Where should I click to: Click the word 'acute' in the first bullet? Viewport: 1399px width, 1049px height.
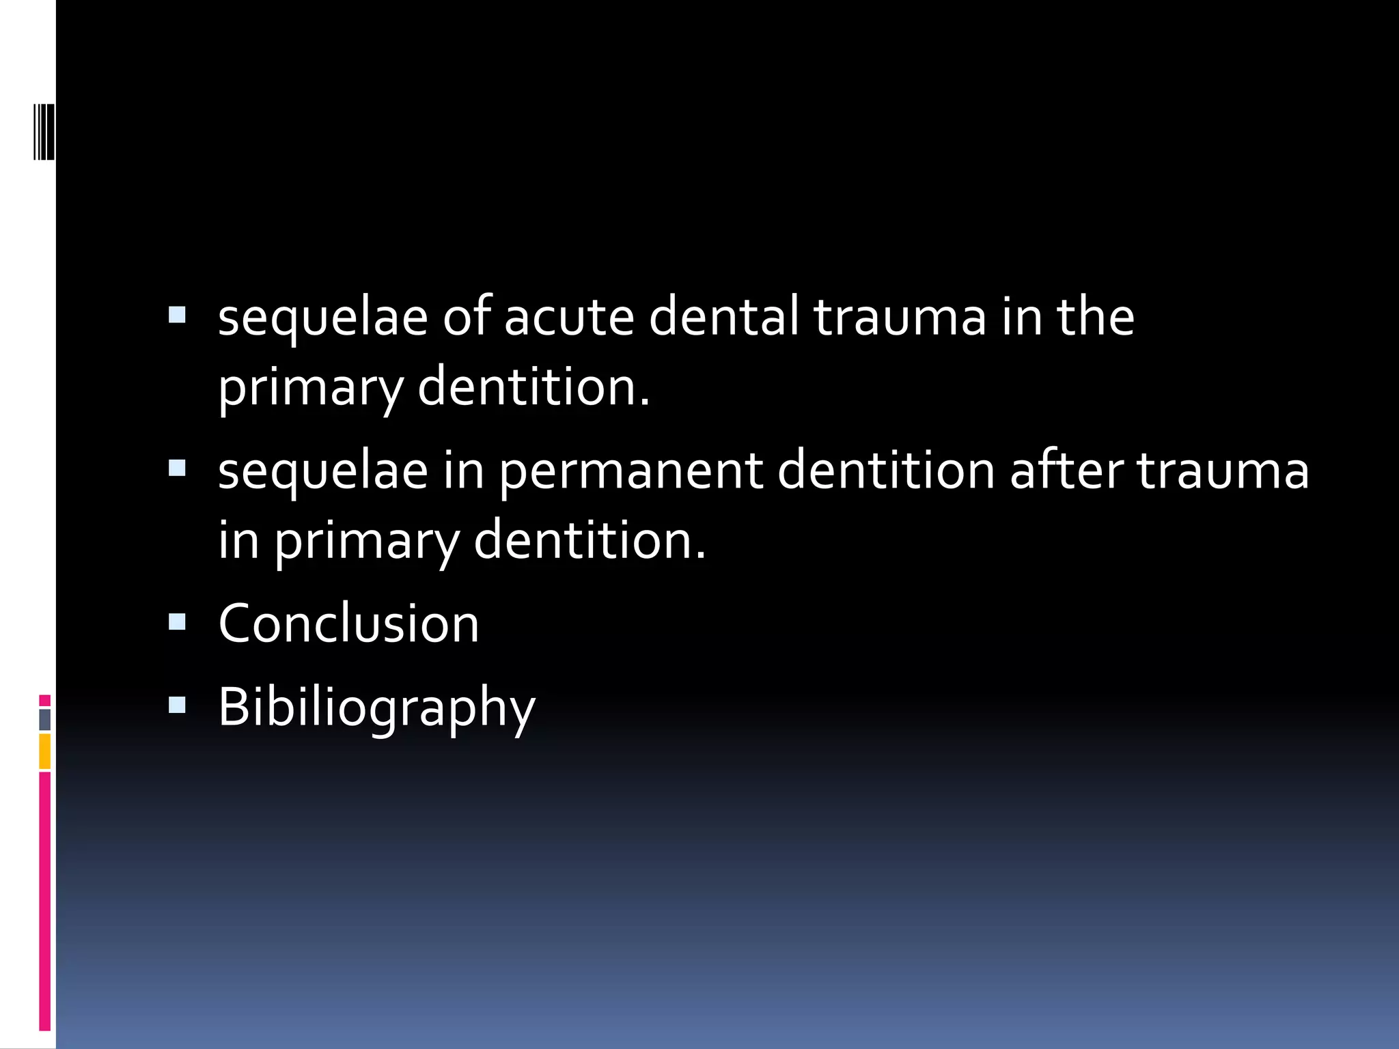[x=569, y=318]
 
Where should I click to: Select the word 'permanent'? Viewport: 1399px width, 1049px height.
[x=631, y=473]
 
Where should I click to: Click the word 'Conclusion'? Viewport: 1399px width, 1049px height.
[x=348, y=624]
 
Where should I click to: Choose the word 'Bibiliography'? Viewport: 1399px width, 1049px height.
[x=376, y=708]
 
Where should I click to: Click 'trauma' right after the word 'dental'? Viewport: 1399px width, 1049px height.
[x=900, y=318]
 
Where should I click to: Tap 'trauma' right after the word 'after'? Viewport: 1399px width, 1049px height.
[x=1222, y=471]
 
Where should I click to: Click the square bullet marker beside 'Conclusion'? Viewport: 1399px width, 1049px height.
[x=177, y=621]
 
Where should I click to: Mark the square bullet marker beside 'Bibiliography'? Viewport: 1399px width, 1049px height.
[x=177, y=704]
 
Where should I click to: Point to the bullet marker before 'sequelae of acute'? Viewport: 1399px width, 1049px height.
[x=177, y=314]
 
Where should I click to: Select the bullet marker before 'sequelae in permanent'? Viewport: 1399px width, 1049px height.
[x=177, y=468]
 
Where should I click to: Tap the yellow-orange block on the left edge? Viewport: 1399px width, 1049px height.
[x=45, y=751]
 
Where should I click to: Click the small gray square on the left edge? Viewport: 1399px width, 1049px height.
[x=45, y=719]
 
